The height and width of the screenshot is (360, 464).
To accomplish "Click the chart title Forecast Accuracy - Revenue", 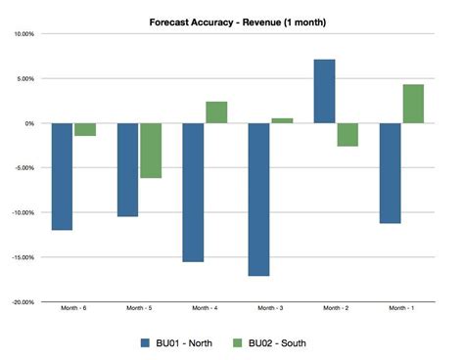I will pos(238,21).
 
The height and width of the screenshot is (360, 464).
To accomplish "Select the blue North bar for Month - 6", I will pos(62,176).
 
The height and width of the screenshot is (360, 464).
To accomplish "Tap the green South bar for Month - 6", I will pos(85,129).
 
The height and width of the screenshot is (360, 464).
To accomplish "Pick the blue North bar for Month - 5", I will pos(127,169).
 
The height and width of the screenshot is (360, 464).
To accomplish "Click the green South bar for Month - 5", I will pos(150,151).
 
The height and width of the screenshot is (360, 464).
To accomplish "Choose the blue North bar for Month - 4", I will pos(193,192).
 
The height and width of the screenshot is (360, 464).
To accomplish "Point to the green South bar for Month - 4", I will pos(216,112).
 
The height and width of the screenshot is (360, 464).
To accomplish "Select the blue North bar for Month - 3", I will pos(258,200).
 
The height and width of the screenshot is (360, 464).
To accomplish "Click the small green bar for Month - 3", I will pos(282,120).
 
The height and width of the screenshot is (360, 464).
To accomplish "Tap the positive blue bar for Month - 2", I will pos(324,91).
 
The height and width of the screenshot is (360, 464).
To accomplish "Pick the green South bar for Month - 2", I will pos(348,135).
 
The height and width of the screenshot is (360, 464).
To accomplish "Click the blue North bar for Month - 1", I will pos(390,173).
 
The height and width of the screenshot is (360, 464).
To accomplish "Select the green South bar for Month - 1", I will pos(413,104).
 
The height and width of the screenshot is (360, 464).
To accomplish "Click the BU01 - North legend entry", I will pos(178,342).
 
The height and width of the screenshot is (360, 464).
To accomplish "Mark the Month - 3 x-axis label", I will pos(270,308).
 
